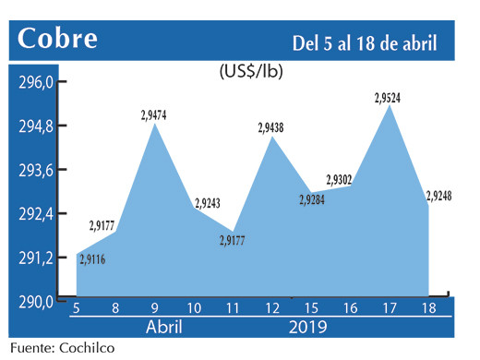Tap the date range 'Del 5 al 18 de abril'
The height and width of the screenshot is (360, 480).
click(x=365, y=42)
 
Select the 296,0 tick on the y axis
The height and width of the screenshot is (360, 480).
click(x=36, y=82)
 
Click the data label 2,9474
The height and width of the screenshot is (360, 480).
click(x=154, y=115)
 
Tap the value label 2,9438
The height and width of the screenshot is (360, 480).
click(x=273, y=128)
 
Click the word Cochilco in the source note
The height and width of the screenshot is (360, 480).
click(x=90, y=349)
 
